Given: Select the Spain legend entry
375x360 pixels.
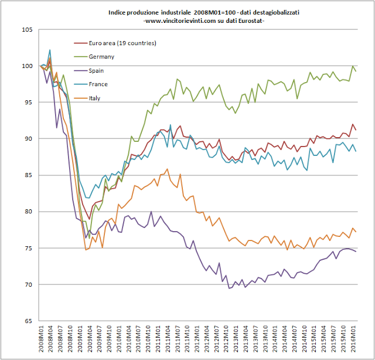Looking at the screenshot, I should pyautogui.click(x=97, y=70).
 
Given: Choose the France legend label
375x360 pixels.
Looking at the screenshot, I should pyautogui.click(x=98, y=84).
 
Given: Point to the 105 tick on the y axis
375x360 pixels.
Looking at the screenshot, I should pyautogui.click(x=28, y=29).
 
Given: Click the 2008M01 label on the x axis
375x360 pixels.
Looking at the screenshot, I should pyautogui.click(x=40, y=340).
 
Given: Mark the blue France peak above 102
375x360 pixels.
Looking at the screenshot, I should pyautogui.click(x=50, y=50).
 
